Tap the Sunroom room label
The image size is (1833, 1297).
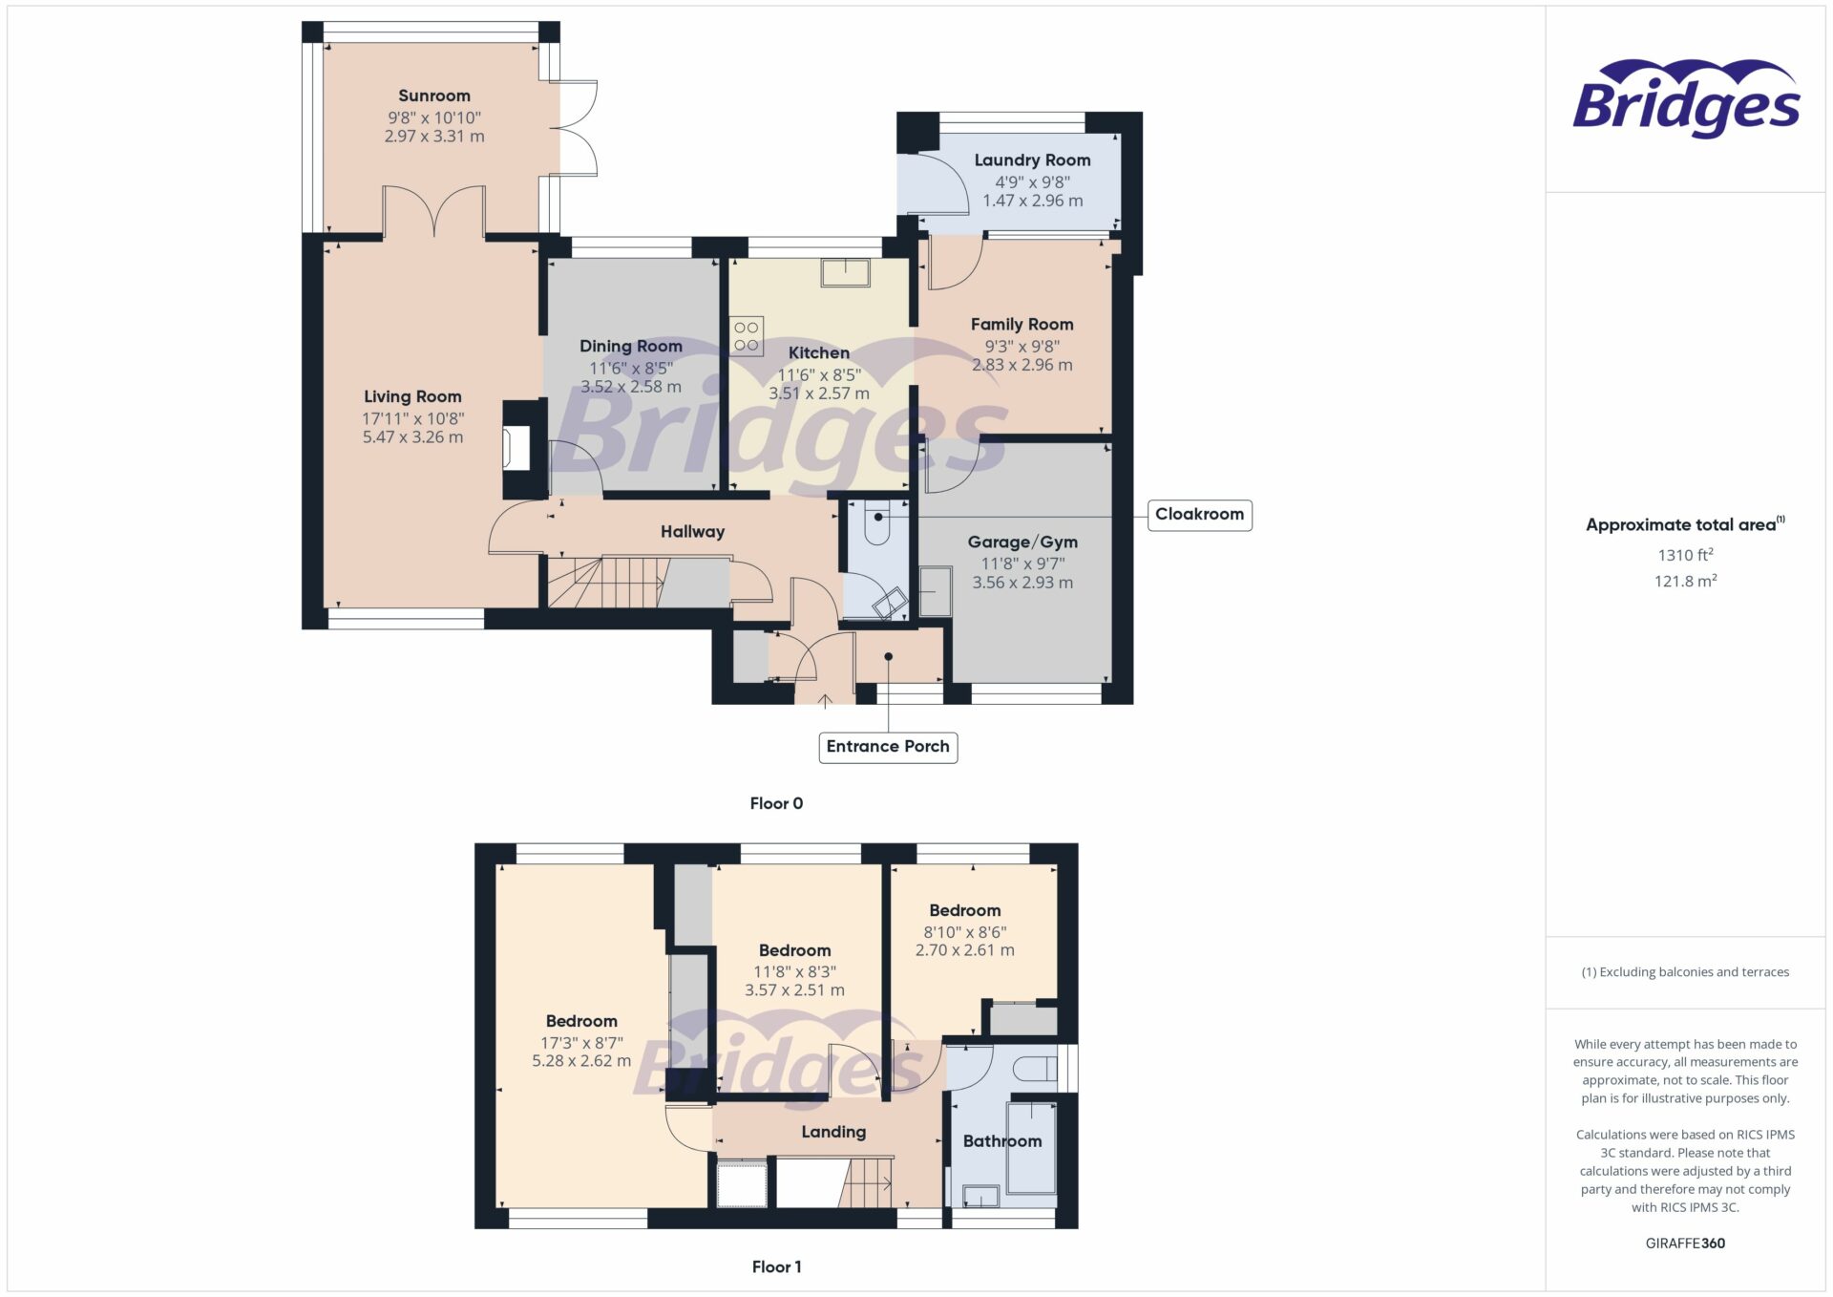[434, 96]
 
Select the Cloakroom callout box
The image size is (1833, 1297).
[1199, 515]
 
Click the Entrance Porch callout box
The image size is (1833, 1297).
[888, 747]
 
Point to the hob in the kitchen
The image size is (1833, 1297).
[747, 336]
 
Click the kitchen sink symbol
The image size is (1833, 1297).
[846, 272]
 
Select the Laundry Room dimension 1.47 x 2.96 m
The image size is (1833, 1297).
[1032, 201]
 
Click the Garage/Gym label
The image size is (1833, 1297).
[1022, 542]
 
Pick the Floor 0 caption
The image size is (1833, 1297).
[776, 803]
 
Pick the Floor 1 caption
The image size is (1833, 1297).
[776, 1266]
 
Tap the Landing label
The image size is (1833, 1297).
[833, 1132]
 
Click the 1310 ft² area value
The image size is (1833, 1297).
[1685, 555]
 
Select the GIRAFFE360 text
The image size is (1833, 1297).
[1685, 1243]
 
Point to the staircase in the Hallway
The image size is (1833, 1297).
[611, 582]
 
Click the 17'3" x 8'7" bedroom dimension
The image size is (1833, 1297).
[581, 1043]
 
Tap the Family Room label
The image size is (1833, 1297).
[1022, 325]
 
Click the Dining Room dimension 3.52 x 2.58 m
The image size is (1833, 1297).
[631, 387]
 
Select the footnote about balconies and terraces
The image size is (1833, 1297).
[1685, 972]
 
